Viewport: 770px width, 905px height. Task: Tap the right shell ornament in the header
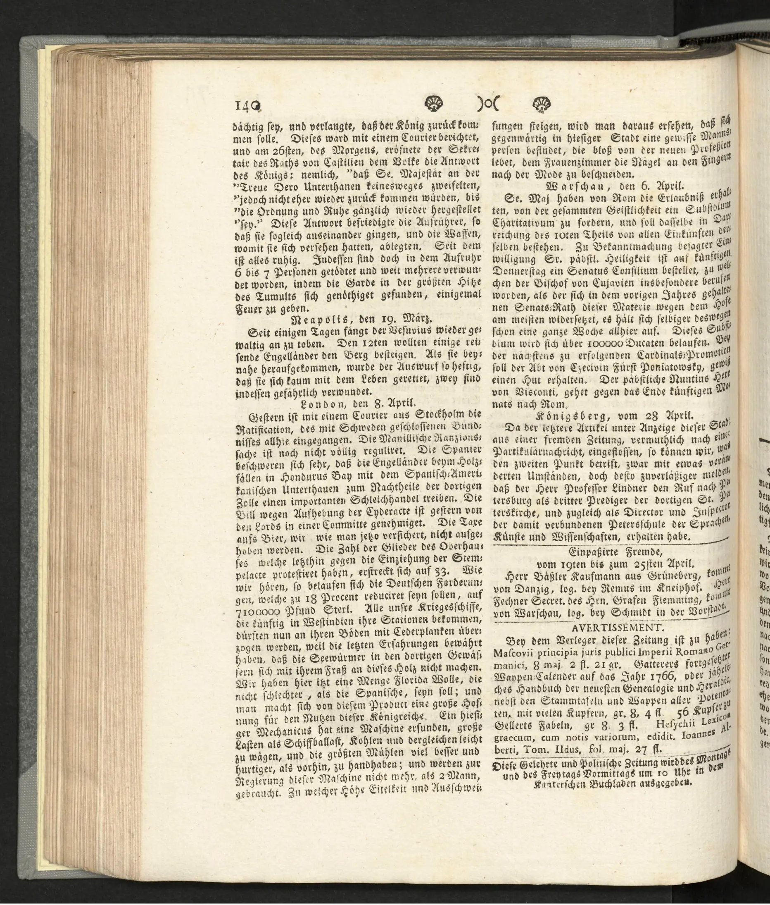(x=542, y=104)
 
